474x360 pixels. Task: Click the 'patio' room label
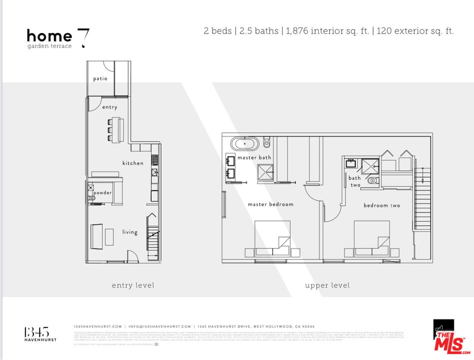[100, 78]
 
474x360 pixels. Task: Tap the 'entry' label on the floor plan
[110, 107]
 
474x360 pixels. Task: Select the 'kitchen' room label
[133, 163]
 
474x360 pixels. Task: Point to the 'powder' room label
[102, 192]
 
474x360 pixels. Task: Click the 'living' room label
[130, 231]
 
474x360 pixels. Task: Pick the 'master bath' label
[254, 157]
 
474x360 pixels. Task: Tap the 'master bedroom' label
[271, 204]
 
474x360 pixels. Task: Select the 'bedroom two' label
[382, 205]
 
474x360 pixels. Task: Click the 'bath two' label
[355, 181]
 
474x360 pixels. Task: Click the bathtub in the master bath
[245, 144]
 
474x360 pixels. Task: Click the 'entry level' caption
[133, 285]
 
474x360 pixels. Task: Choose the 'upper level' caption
[327, 285]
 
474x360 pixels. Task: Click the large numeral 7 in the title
[83, 38]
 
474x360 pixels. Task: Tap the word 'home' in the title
[49, 36]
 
